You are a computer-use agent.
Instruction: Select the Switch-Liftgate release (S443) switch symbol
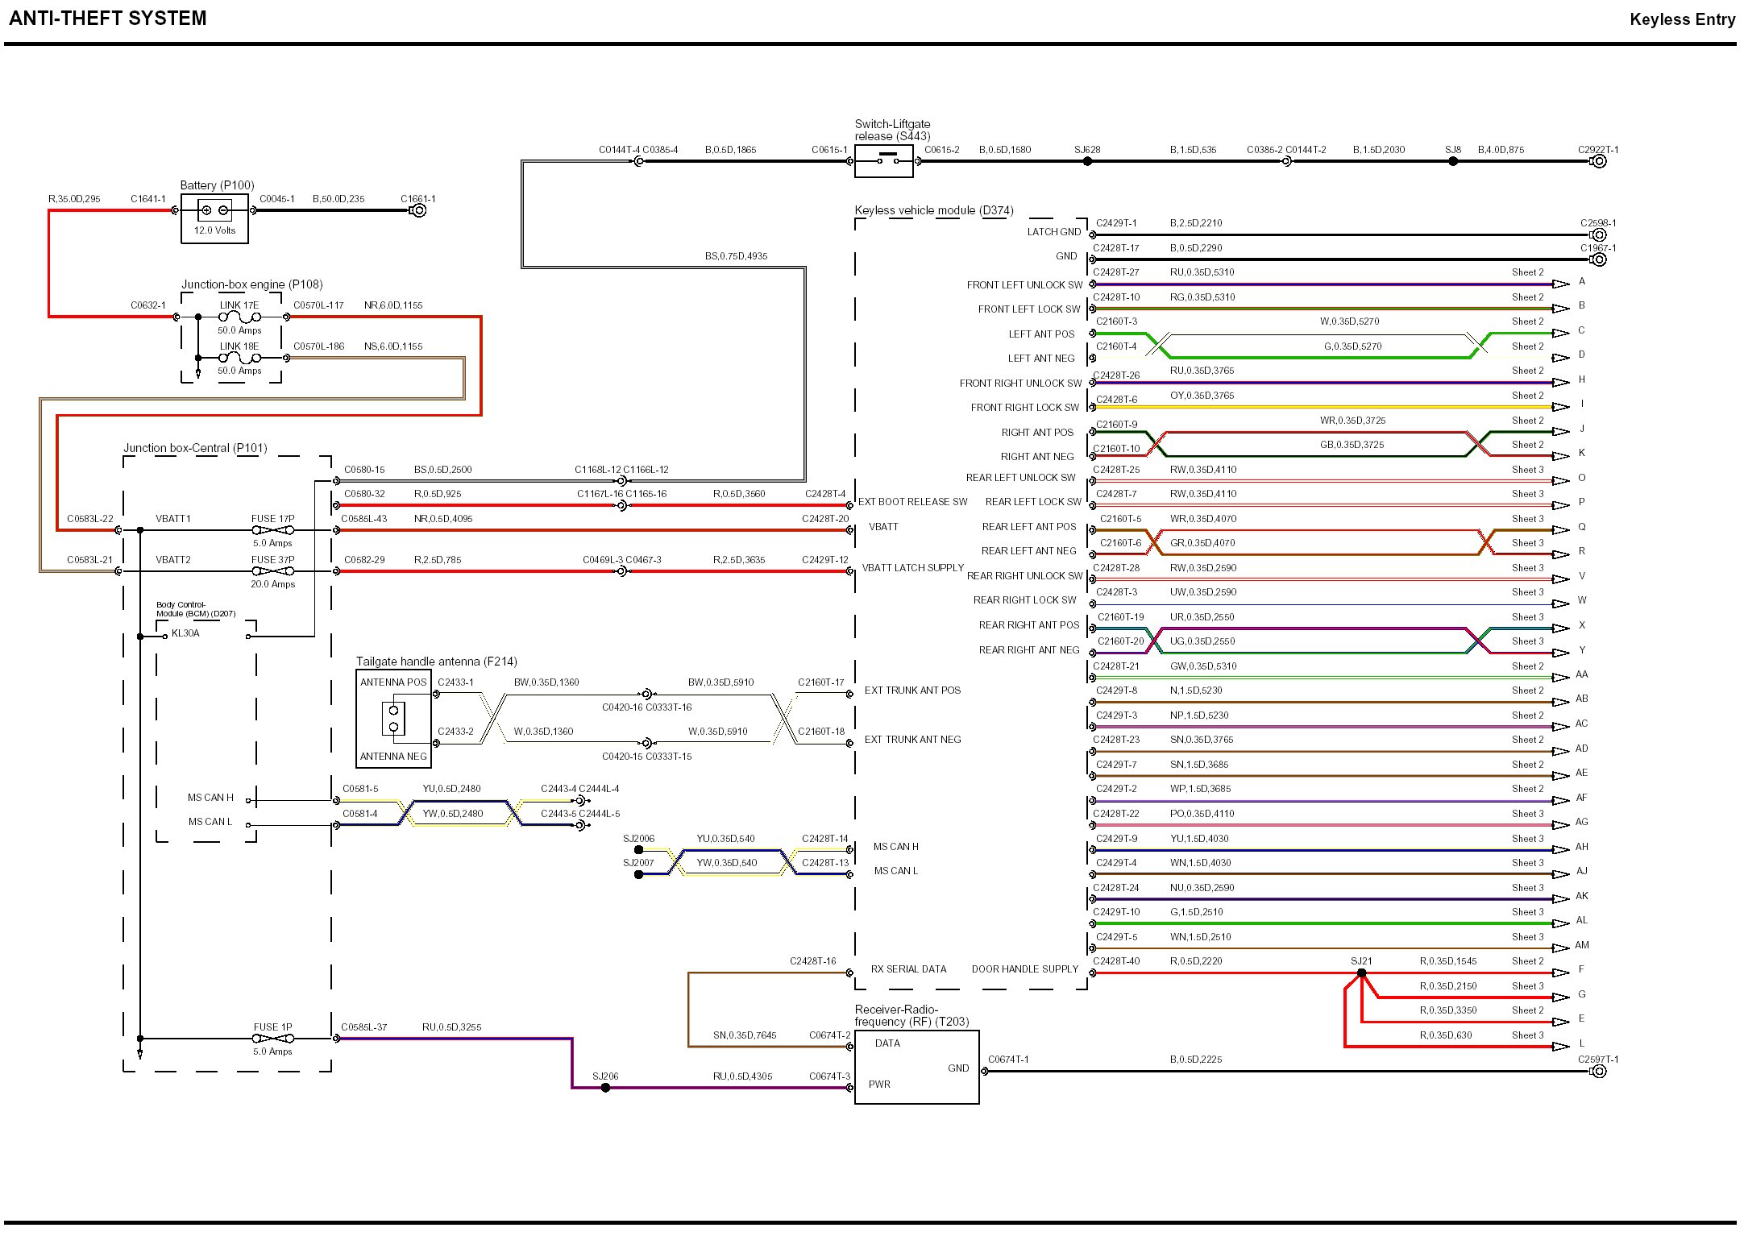tap(883, 161)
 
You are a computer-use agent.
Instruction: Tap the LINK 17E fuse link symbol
tap(240, 317)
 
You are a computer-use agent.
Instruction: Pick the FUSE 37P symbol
tap(273, 571)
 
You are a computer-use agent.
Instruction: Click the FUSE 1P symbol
tap(273, 1039)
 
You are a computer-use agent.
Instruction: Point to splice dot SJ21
tap(1361, 973)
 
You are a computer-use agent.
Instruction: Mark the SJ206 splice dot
tap(605, 1088)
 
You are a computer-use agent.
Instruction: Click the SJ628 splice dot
tap(1087, 161)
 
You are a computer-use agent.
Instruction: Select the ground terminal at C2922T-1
tap(1599, 161)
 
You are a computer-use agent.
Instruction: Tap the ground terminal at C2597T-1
tap(1599, 1072)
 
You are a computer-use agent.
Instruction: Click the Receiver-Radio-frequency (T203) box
tap(916, 1067)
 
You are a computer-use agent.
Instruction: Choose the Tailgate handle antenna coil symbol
tap(394, 719)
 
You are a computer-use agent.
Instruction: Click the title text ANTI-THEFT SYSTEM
tap(108, 19)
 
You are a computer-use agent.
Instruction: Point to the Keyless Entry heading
tap(1682, 19)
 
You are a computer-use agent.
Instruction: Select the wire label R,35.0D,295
tap(74, 199)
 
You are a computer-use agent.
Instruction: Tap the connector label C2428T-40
tap(1116, 961)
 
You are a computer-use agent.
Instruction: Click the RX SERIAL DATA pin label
tap(908, 969)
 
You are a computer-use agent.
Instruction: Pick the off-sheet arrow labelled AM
tap(1562, 949)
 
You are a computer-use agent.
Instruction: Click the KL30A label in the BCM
tap(185, 633)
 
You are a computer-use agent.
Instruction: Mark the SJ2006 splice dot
tap(639, 850)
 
